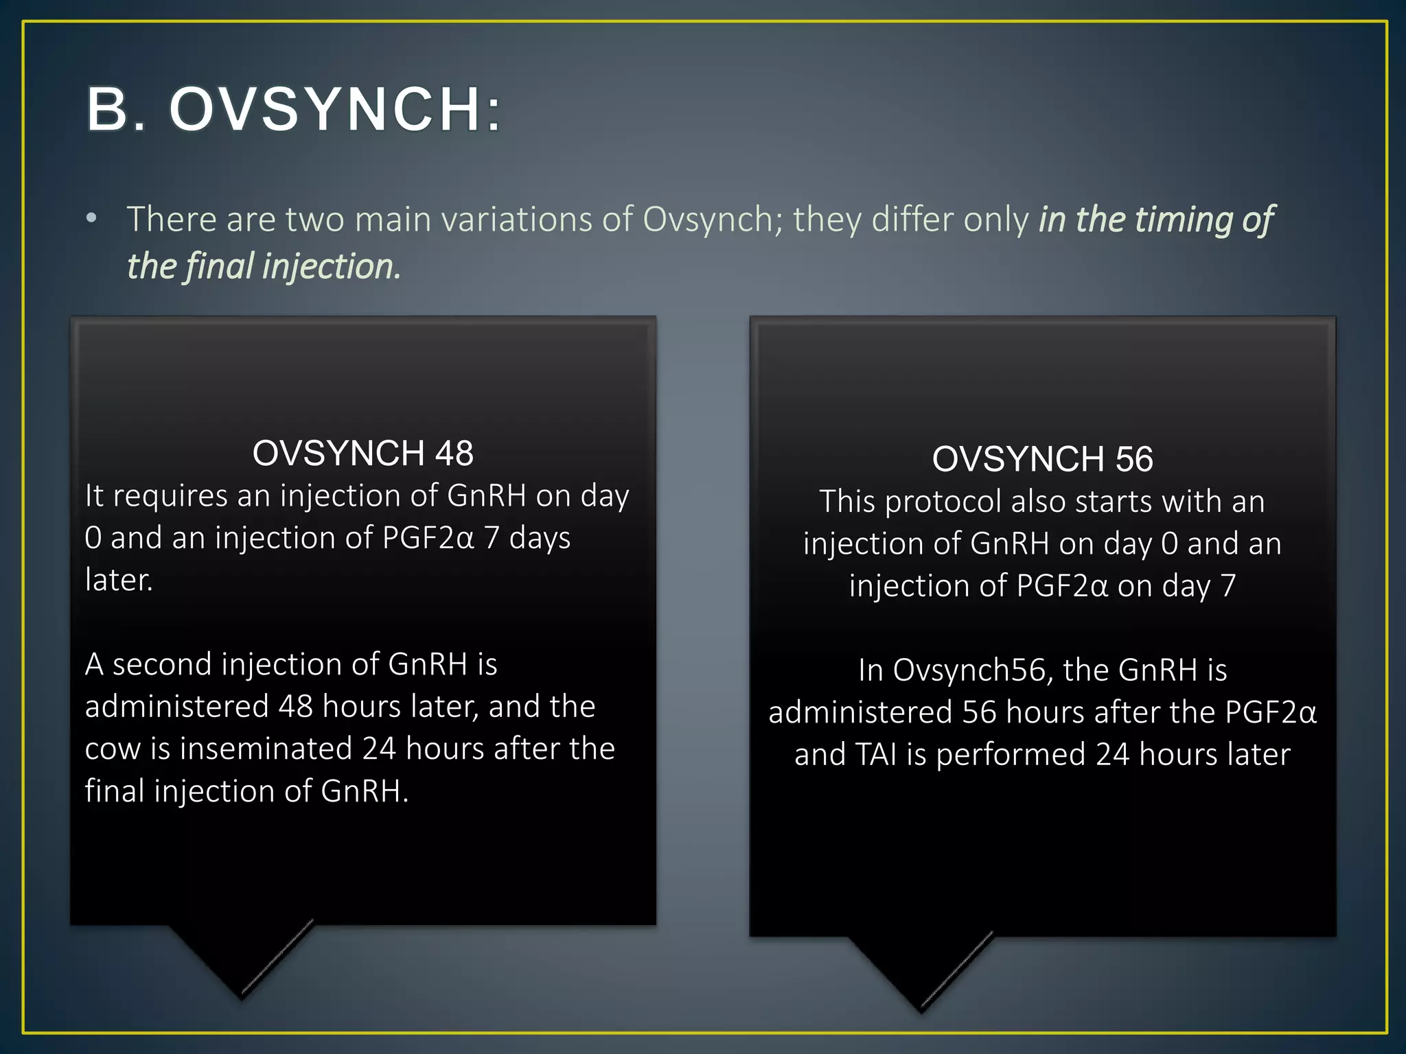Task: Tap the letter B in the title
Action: coord(108,110)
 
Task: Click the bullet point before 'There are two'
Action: coord(91,219)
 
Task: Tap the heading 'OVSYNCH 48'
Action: coord(362,453)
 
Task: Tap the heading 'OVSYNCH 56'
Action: coord(1042,458)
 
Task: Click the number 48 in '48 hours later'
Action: coord(296,706)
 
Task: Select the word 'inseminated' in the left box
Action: coord(266,749)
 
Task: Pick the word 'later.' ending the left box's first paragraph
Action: coord(119,580)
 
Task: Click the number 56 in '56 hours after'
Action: coord(979,712)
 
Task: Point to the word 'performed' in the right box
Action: coord(1008,755)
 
